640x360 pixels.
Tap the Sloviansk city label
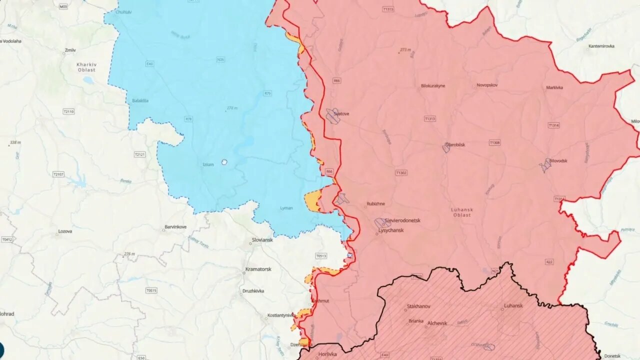(261, 240)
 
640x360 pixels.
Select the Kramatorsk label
(258, 269)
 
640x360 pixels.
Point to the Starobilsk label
(455, 144)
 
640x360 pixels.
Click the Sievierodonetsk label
(402, 220)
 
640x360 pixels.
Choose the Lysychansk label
(391, 230)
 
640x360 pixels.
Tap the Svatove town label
(341, 113)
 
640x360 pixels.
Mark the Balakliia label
(140, 100)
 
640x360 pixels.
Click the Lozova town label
(65, 231)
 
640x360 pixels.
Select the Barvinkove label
(175, 227)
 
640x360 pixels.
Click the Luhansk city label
(513, 305)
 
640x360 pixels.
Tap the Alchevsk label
(437, 323)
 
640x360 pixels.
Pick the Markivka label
(554, 87)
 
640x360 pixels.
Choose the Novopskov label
(487, 85)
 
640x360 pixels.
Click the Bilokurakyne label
(433, 85)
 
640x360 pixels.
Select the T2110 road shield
(68, 111)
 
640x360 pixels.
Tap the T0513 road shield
(321, 256)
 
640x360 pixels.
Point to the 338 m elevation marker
(15, 143)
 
